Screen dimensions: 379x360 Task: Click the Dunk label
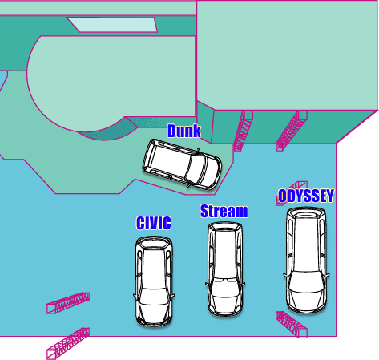184,131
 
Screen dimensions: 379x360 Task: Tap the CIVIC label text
154,223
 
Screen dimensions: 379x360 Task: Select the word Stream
224,211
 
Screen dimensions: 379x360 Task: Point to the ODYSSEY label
306,196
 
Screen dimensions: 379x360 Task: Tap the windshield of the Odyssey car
306,281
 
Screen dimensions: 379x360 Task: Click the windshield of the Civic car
154,295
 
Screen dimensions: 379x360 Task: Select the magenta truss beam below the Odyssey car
292,324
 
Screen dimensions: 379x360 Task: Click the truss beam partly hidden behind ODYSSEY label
292,193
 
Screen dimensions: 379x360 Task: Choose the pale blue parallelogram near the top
112,25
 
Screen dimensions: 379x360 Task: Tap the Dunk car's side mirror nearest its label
199,151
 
